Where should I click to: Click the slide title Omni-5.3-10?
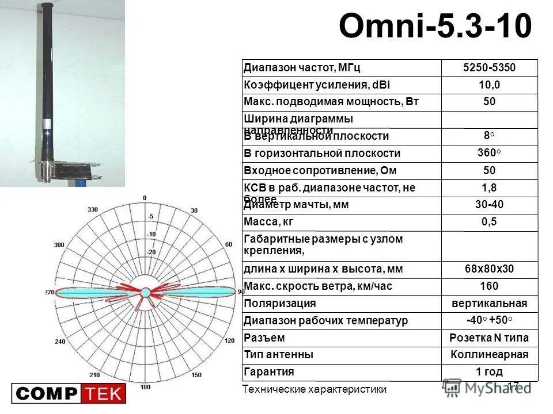pos(435,26)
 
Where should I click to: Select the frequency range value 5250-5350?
pos(489,68)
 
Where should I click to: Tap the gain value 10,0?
pos(489,85)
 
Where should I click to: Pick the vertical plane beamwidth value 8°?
pos(489,136)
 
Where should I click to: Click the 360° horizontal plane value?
pos(489,153)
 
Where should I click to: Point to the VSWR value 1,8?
pos(489,188)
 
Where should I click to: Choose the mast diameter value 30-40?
pos(489,205)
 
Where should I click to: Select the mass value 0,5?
pos(489,222)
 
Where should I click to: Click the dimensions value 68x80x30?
pos(489,269)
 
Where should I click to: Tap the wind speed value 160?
pos(489,286)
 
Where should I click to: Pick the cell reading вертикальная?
pos(489,304)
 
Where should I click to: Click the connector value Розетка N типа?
pos(489,338)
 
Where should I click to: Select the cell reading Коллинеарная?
pos(489,355)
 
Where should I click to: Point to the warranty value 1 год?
pos(489,371)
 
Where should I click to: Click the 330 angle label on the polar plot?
pos(92,210)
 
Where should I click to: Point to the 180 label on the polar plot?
pos(145,387)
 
